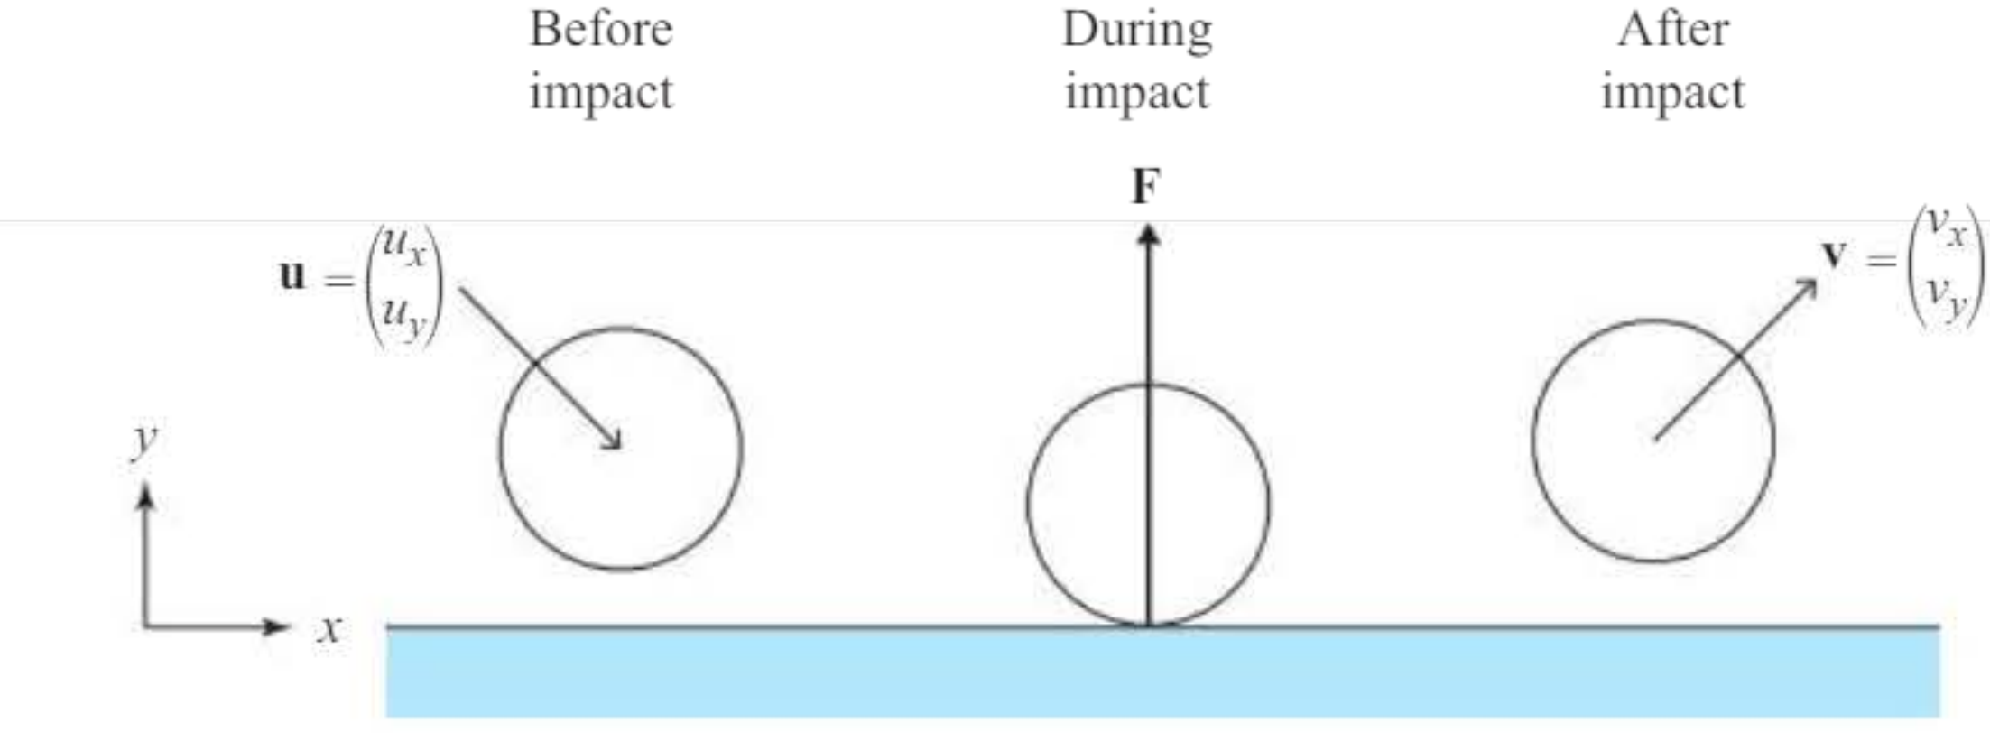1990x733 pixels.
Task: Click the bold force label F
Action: pos(1146,187)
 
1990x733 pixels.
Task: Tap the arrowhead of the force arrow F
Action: pos(1148,235)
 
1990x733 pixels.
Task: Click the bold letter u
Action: pos(292,274)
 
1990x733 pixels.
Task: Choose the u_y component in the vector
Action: pos(403,316)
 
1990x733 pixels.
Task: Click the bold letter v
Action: pos(1833,255)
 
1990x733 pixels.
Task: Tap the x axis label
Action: pos(330,628)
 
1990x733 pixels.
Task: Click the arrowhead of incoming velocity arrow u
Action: pos(613,439)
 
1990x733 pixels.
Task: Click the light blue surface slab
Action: pos(1162,672)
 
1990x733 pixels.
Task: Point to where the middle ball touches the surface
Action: pos(1148,625)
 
